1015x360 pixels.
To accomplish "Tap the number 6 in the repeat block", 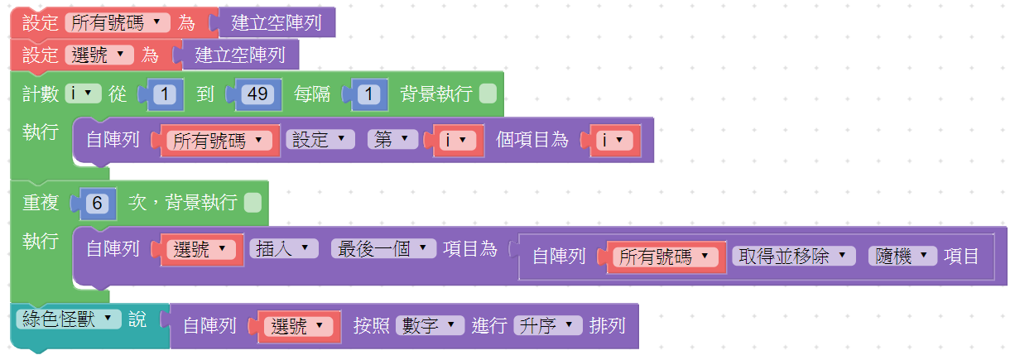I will (96, 202).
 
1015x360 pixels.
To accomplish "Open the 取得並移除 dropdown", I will (794, 256).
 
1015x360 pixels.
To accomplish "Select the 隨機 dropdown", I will (902, 256).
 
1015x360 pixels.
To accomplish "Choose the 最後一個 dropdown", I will (382, 247).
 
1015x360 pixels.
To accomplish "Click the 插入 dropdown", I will (283, 247).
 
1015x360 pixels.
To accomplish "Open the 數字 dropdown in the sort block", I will (430, 326).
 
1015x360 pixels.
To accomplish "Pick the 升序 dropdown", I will (548, 326).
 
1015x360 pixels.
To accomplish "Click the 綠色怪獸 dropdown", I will (68, 319).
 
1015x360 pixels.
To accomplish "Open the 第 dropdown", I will (392, 140).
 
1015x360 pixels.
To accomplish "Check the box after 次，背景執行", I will (253, 202).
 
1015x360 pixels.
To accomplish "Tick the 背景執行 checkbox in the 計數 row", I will (488, 94).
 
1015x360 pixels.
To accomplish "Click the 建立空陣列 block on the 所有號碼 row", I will (276, 23).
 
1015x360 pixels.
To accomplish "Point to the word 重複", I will (40, 202).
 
